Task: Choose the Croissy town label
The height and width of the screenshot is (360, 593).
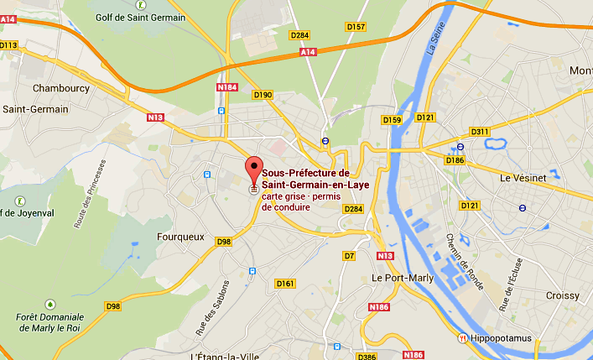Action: (x=561, y=295)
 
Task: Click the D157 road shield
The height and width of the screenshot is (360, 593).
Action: (x=356, y=27)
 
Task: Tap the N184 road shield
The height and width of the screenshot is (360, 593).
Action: (x=227, y=87)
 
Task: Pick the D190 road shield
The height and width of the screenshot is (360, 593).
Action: (x=263, y=95)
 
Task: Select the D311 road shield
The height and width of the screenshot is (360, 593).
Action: (x=480, y=132)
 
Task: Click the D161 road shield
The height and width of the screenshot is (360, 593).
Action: (x=285, y=284)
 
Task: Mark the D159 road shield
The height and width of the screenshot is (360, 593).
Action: (x=392, y=120)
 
